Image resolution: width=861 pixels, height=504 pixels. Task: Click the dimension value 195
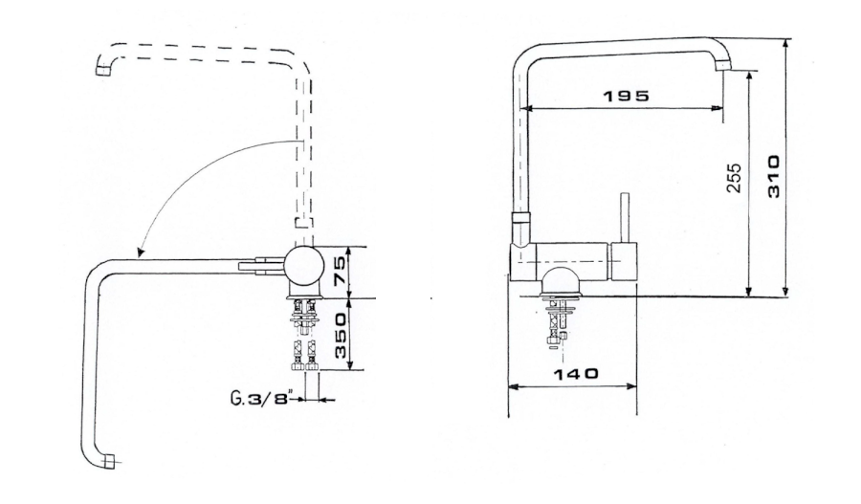click(626, 96)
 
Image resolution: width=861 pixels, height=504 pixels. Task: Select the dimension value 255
click(734, 178)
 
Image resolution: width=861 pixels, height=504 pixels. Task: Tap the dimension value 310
click(773, 177)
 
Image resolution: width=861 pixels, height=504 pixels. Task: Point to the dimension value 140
click(575, 375)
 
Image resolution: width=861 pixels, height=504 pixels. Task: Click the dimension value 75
click(340, 271)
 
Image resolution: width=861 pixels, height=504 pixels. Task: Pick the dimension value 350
click(341, 336)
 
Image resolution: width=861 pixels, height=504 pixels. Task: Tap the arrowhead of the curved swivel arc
click(140, 252)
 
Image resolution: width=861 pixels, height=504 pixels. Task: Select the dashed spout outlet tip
click(102, 70)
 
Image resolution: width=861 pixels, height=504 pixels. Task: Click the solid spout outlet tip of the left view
click(110, 462)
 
